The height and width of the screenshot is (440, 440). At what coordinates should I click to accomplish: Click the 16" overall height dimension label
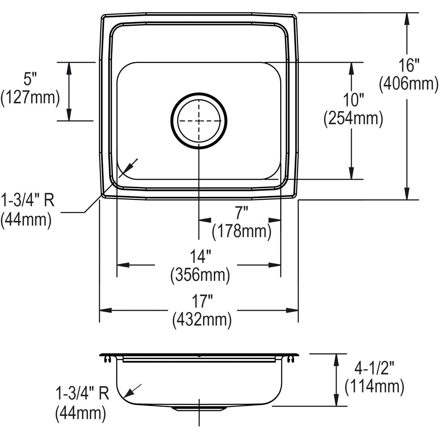pyautogui.click(x=409, y=66)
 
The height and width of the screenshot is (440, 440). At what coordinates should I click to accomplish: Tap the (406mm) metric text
pyautogui.click(x=408, y=84)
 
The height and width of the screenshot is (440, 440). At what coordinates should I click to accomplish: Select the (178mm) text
pyautogui.click(x=241, y=231)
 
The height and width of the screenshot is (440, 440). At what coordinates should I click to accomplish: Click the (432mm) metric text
pyautogui.click(x=202, y=320)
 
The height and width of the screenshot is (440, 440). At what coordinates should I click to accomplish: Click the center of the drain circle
pyautogui.click(x=199, y=120)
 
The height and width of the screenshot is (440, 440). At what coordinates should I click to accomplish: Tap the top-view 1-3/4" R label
pyautogui.click(x=28, y=201)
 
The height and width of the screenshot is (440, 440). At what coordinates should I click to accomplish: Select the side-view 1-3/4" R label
pyautogui.click(x=82, y=395)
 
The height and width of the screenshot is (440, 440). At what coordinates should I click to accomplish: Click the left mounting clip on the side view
pyautogui.click(x=106, y=359)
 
